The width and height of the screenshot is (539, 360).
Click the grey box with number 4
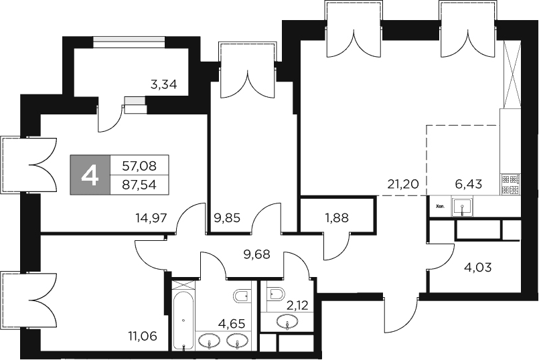90,175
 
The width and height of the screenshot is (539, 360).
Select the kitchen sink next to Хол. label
462,207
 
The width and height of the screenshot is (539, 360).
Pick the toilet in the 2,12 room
274,293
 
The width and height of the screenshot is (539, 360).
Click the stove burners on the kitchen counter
510,184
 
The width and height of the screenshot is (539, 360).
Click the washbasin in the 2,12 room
288,324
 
